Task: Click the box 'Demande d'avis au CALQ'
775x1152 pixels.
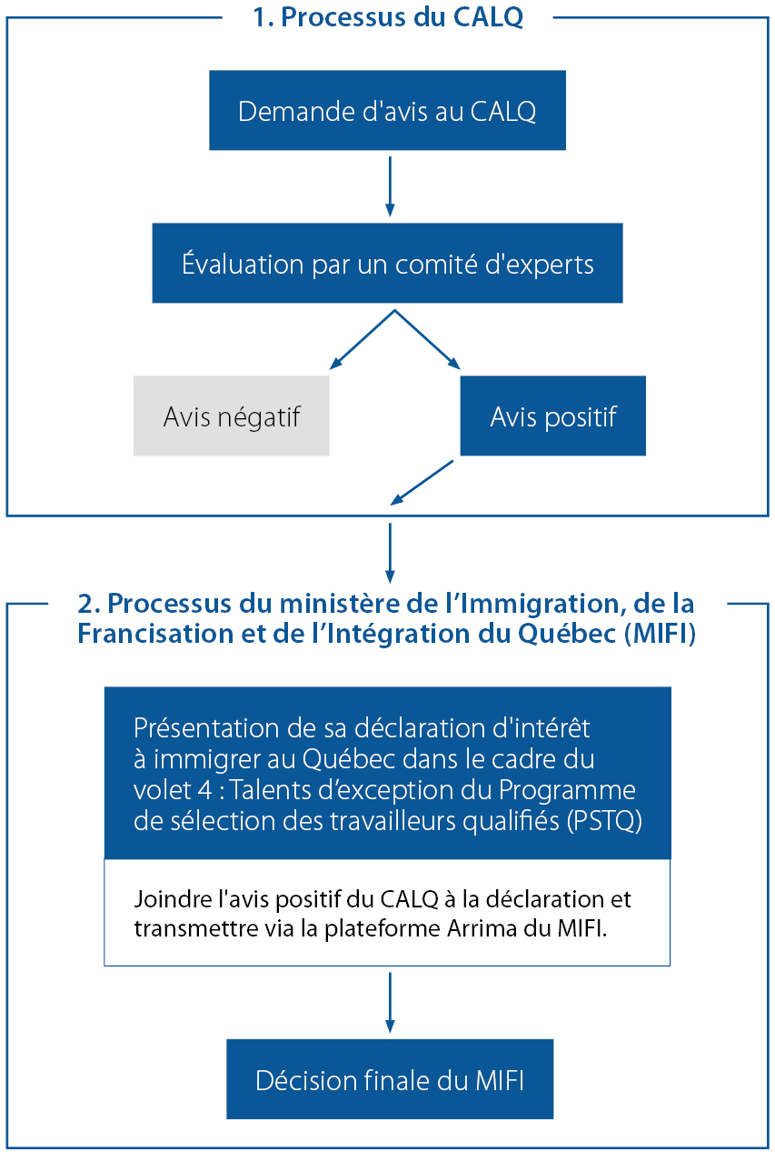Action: (x=387, y=111)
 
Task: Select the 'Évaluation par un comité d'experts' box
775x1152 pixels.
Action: (x=387, y=264)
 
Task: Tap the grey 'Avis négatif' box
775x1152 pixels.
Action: (x=231, y=416)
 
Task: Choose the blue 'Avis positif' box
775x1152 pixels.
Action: (x=552, y=416)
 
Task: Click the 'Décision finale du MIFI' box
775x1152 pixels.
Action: (x=389, y=1080)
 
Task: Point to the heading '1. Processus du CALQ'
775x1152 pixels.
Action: (x=388, y=18)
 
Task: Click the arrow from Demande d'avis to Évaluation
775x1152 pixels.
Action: (x=389, y=185)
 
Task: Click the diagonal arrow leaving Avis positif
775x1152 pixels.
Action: (x=422, y=482)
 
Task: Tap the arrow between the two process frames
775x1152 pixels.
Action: (x=389, y=552)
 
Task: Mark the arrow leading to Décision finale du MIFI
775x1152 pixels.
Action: (x=389, y=1002)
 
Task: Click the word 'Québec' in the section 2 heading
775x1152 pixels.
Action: (x=568, y=634)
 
